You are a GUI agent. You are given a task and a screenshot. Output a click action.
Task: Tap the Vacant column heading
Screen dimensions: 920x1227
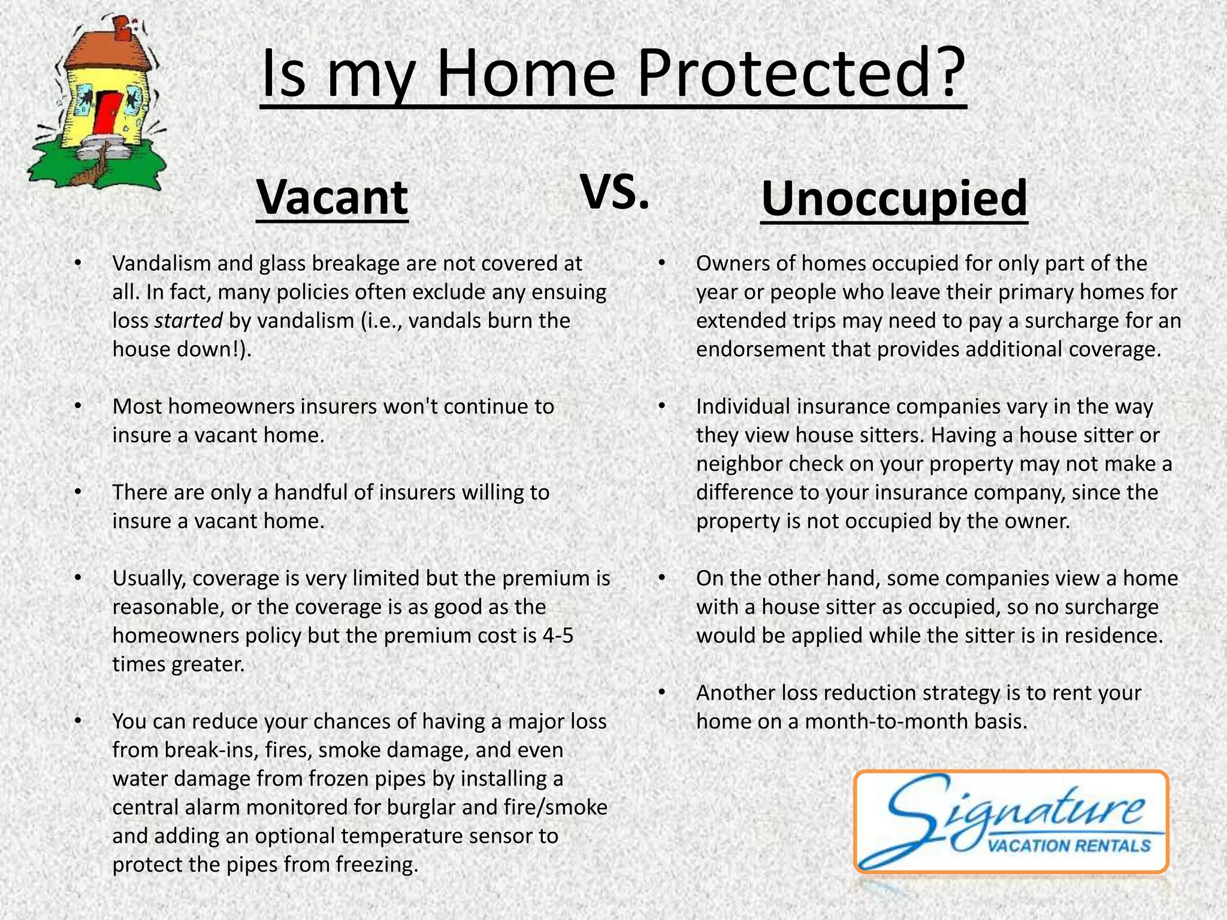click(332, 198)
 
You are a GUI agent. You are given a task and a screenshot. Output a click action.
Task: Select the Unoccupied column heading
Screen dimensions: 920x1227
click(894, 199)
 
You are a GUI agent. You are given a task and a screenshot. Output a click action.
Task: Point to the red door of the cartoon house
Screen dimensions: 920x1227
click(108, 114)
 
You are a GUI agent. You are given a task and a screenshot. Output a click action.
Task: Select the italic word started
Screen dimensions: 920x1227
click(189, 321)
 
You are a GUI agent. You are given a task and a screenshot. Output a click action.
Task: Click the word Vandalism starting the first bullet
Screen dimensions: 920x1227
click(159, 264)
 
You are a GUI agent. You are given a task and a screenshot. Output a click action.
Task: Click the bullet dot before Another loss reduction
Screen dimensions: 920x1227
click(661, 693)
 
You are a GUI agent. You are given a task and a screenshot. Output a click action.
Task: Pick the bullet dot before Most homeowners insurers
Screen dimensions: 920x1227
click(77, 407)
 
